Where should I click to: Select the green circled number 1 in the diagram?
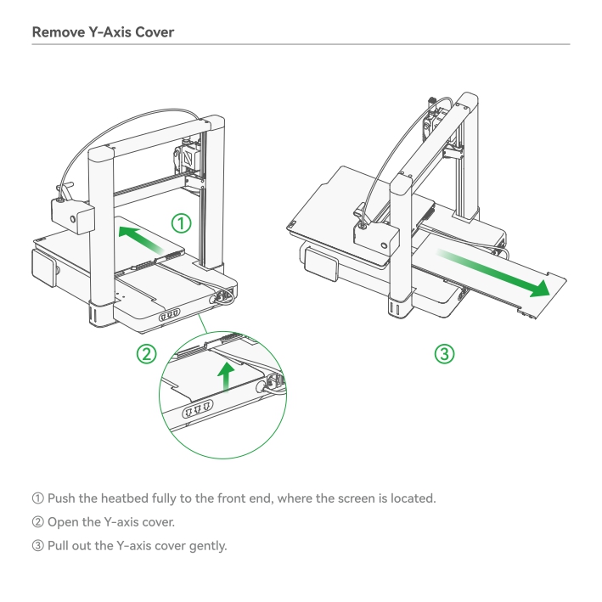181,223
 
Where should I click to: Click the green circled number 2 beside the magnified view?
147,353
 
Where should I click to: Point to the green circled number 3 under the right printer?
445,353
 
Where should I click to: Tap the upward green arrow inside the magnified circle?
226,377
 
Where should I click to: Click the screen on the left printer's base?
44,267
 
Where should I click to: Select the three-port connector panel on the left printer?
169,315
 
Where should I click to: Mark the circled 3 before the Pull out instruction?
38,546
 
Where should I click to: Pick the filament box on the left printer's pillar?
73,216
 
